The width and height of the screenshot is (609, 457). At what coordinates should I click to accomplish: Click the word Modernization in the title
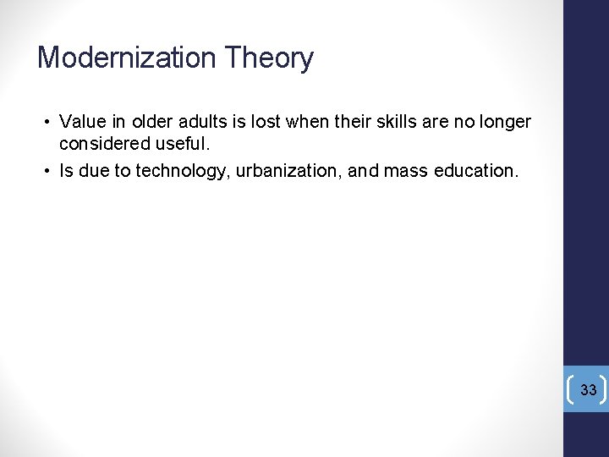[x=126, y=58]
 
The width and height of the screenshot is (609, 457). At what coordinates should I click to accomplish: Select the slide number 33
[x=589, y=390]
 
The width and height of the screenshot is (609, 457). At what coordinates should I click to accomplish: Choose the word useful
[x=178, y=145]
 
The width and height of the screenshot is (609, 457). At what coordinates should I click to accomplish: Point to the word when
[x=306, y=122]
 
